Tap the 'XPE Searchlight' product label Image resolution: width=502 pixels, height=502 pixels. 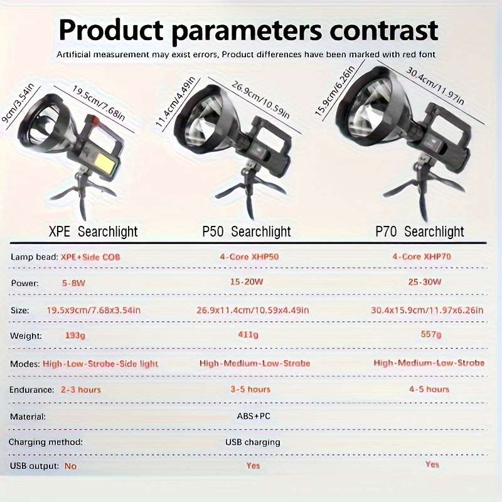(93, 232)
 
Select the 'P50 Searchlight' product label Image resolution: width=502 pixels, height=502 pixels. (247, 232)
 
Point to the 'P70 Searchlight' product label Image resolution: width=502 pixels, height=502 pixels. (420, 232)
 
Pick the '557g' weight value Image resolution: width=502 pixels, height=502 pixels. (431, 335)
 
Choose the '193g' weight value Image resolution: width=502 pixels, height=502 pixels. (75, 336)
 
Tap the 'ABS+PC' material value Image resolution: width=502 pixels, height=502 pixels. (254, 416)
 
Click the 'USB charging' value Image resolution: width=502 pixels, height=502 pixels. (253, 442)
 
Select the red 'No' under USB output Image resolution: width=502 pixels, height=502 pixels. (70, 466)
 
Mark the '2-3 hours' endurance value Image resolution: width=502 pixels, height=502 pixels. (81, 390)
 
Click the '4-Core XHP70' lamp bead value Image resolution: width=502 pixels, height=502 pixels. (422, 257)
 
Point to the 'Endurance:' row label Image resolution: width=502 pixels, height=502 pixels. (31, 390)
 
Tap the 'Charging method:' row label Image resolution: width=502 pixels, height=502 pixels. (46, 442)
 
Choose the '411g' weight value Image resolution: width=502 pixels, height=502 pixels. (247, 335)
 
